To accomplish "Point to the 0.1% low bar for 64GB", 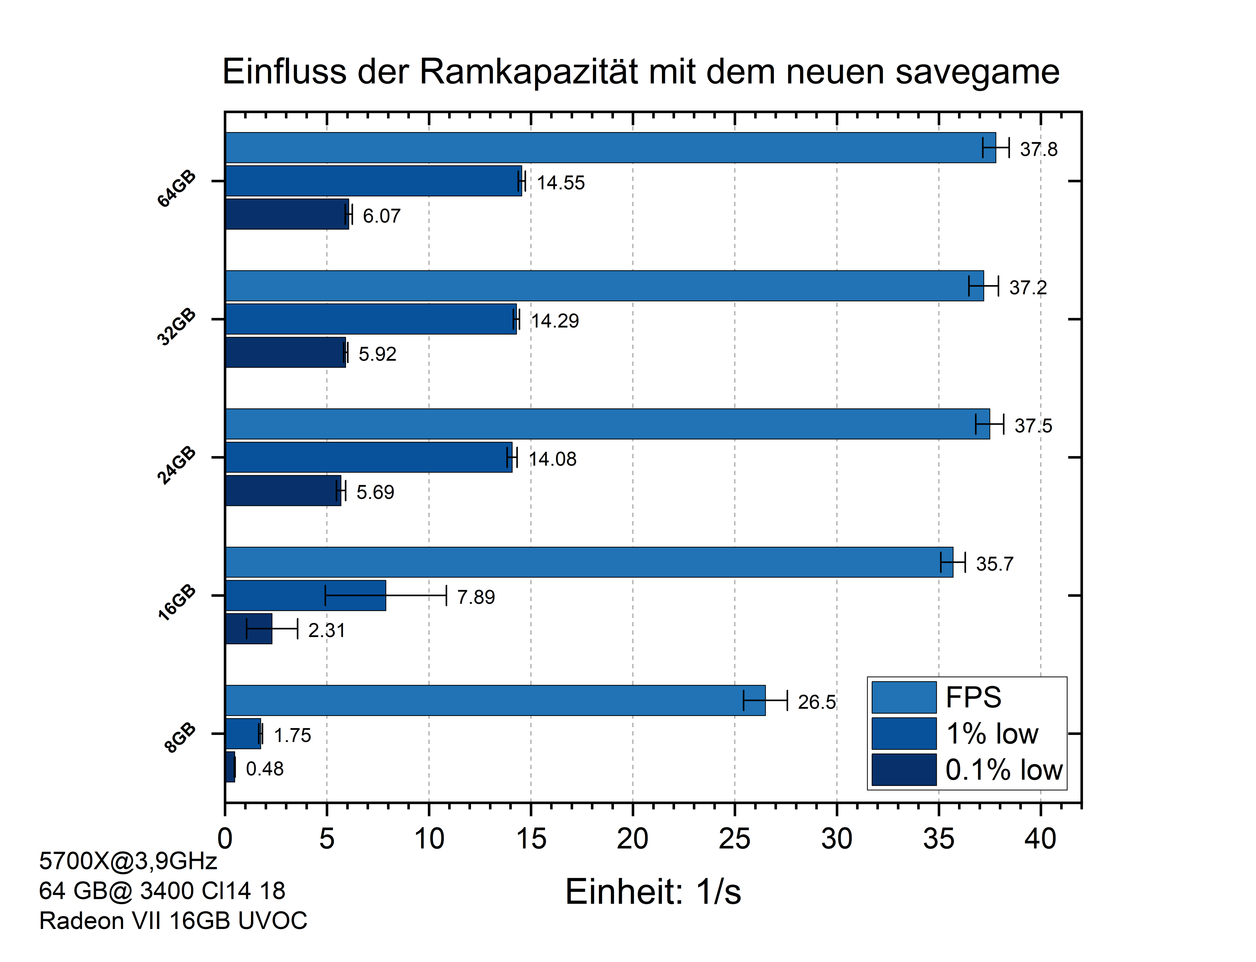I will tap(286, 214).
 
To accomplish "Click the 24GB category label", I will tap(177, 466).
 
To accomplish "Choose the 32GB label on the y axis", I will tap(177, 327).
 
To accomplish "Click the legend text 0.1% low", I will tap(1003, 770).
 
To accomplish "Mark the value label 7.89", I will tap(476, 597).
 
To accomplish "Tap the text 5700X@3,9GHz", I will tap(128, 861).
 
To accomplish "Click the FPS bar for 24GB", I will tap(607, 424).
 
